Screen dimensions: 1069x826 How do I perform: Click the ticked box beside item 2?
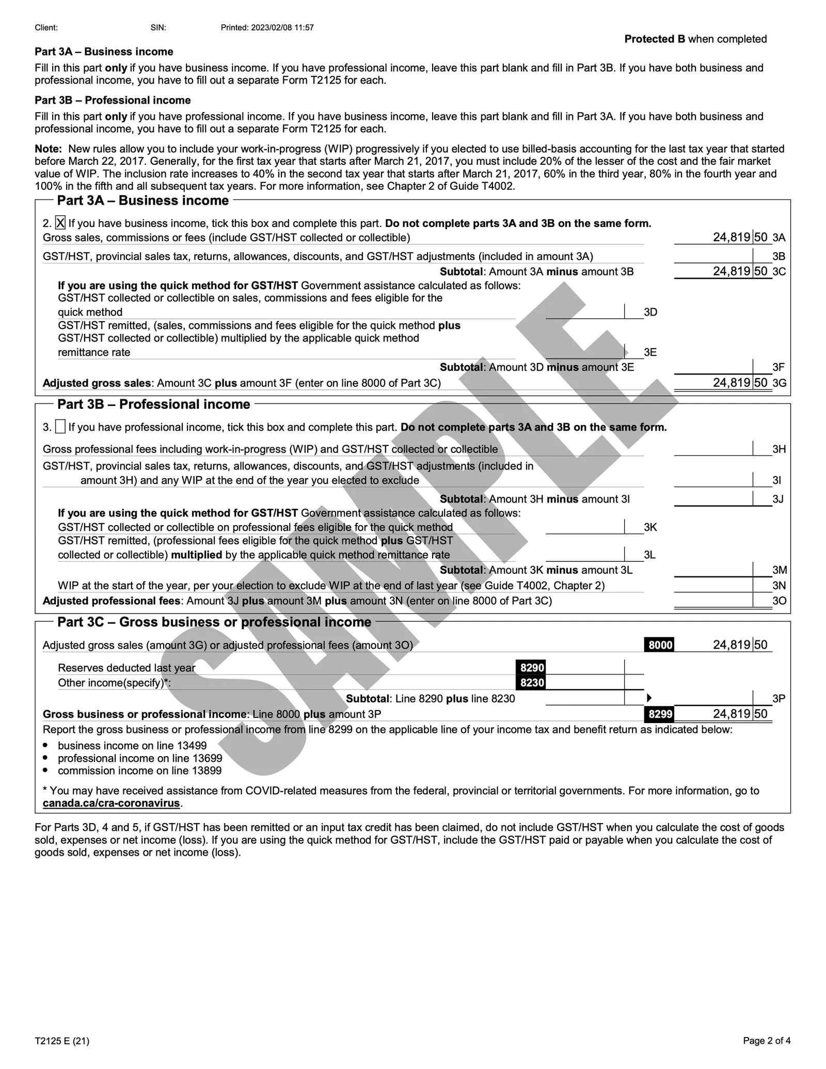click(x=60, y=223)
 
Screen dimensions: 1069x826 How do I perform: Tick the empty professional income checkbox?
click(x=60, y=427)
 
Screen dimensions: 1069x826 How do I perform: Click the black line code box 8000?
click(x=660, y=645)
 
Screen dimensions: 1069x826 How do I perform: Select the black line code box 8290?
click(x=532, y=668)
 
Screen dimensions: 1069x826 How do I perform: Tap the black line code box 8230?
click(x=532, y=683)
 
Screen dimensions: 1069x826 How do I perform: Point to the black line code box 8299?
click(x=660, y=714)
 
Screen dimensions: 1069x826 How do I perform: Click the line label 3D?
click(x=650, y=312)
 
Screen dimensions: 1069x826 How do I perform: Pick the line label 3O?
click(x=779, y=601)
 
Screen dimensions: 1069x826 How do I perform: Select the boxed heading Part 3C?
click(x=214, y=622)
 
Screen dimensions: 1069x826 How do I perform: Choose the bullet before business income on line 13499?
click(x=46, y=746)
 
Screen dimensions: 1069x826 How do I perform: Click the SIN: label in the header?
click(x=158, y=28)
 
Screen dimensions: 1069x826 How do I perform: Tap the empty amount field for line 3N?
click(x=713, y=586)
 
